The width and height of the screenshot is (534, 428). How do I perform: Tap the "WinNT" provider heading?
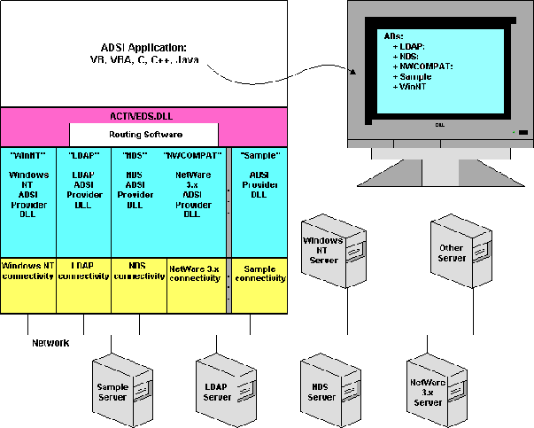coord(28,154)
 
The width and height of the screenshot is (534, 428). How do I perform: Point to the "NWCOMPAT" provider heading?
coord(194,154)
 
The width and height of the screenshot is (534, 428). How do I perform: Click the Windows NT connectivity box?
coord(28,270)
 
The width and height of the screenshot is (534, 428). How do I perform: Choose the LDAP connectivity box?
coord(83,270)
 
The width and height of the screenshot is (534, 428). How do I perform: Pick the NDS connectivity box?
coord(139,270)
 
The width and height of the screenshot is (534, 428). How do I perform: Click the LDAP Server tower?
coord(218,389)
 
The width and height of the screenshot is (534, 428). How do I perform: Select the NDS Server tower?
coord(321,389)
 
